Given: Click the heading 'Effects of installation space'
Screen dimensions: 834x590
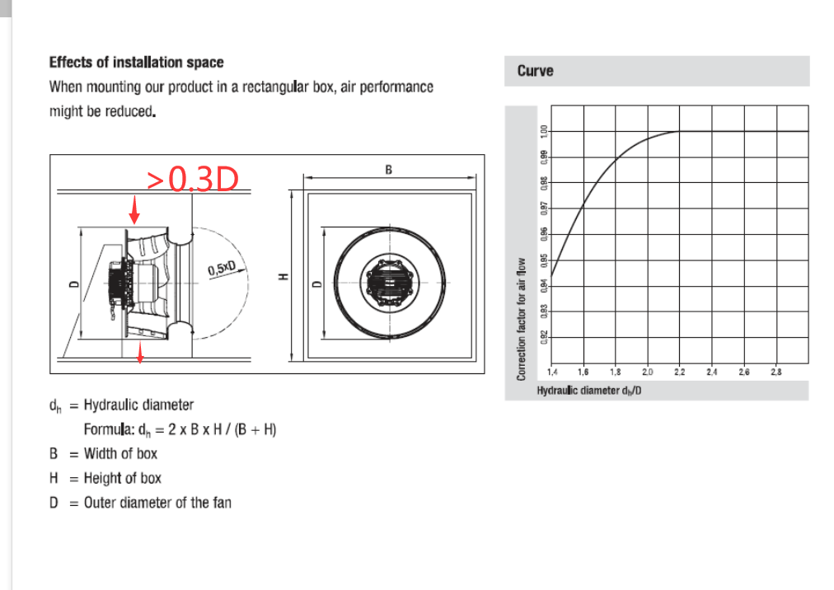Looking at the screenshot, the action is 136,63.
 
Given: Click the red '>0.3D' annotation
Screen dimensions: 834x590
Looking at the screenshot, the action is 193,179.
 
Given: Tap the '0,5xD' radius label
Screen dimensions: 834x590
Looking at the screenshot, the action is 221,269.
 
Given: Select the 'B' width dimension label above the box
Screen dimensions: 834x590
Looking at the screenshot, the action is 389,170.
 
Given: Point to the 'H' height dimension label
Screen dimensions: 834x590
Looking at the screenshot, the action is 284,277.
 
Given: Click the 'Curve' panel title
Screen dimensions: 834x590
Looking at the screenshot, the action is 535,71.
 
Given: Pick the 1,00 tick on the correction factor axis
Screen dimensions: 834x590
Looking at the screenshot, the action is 544,131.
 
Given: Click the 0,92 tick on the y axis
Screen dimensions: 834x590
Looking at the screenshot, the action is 544,337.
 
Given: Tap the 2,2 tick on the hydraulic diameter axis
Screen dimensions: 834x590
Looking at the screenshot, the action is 679,372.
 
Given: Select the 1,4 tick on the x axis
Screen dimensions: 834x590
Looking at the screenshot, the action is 553,372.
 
